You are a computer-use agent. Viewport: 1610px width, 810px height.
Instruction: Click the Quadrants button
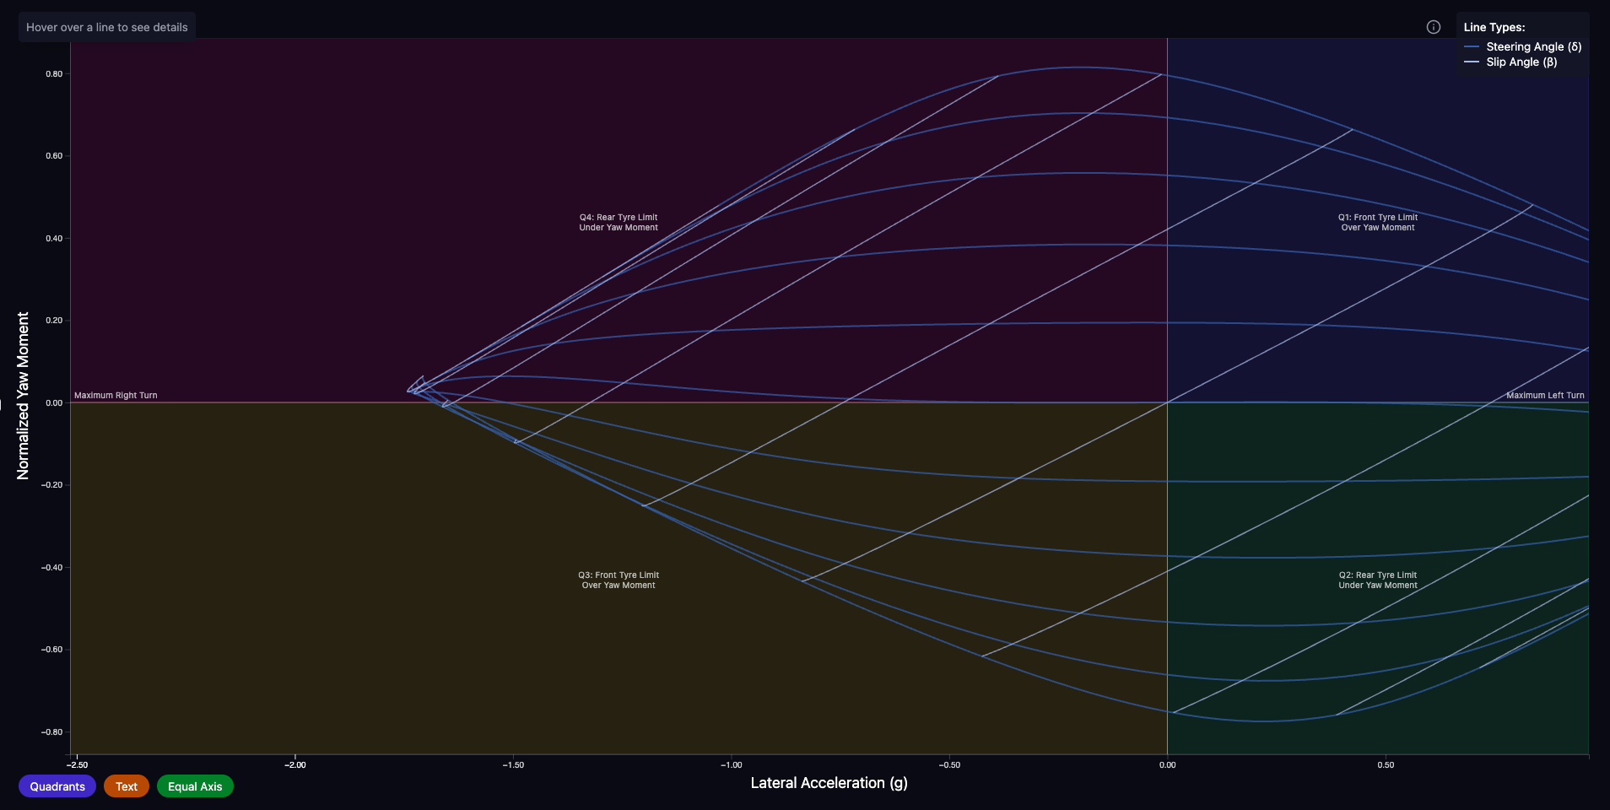point(57,786)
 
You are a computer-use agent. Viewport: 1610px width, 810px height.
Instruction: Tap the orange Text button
point(127,786)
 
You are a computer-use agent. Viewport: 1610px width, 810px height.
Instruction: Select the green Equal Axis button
point(195,786)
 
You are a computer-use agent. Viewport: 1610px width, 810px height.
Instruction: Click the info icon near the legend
point(1433,27)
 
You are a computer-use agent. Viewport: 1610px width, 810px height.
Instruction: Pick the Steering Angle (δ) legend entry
point(1533,47)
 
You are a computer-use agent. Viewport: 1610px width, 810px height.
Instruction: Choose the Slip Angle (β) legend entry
point(1521,62)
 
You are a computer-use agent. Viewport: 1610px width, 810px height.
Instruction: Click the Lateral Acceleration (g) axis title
point(829,783)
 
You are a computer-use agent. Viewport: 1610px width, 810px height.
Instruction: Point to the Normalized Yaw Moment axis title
point(23,396)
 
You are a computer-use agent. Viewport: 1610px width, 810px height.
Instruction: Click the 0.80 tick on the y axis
point(54,74)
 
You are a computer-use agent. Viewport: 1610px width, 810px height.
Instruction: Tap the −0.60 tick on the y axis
point(52,650)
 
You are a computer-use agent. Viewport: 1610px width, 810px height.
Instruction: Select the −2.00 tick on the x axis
point(295,765)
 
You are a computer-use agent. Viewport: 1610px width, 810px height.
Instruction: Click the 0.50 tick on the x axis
point(1386,765)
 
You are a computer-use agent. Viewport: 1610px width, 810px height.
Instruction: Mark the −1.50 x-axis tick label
point(513,765)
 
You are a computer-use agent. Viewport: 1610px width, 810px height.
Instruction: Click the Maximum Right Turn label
point(116,396)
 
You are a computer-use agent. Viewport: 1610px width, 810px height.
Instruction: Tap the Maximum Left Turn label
point(1545,396)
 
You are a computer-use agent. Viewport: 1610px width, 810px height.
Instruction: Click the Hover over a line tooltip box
point(107,27)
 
